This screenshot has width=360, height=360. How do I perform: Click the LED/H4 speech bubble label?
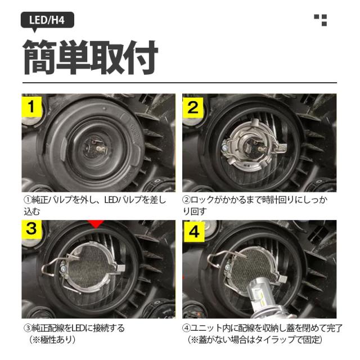pyautogui.click(x=47, y=21)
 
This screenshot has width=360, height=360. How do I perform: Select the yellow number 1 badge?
pyautogui.click(x=31, y=107)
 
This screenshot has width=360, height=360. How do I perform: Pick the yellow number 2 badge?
pyautogui.click(x=193, y=107)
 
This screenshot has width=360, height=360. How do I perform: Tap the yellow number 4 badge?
pyautogui.click(x=194, y=232)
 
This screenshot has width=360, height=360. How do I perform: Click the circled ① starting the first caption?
pyautogui.click(x=28, y=200)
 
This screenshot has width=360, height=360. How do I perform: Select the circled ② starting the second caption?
pyautogui.click(x=186, y=200)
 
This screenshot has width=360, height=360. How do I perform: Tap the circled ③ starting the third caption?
pyautogui.click(x=28, y=328)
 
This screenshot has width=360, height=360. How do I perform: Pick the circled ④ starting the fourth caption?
pyautogui.click(x=186, y=328)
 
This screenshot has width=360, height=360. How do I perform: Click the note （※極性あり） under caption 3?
pyautogui.click(x=52, y=340)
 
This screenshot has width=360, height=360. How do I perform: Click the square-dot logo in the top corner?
pyautogui.click(x=321, y=20)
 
